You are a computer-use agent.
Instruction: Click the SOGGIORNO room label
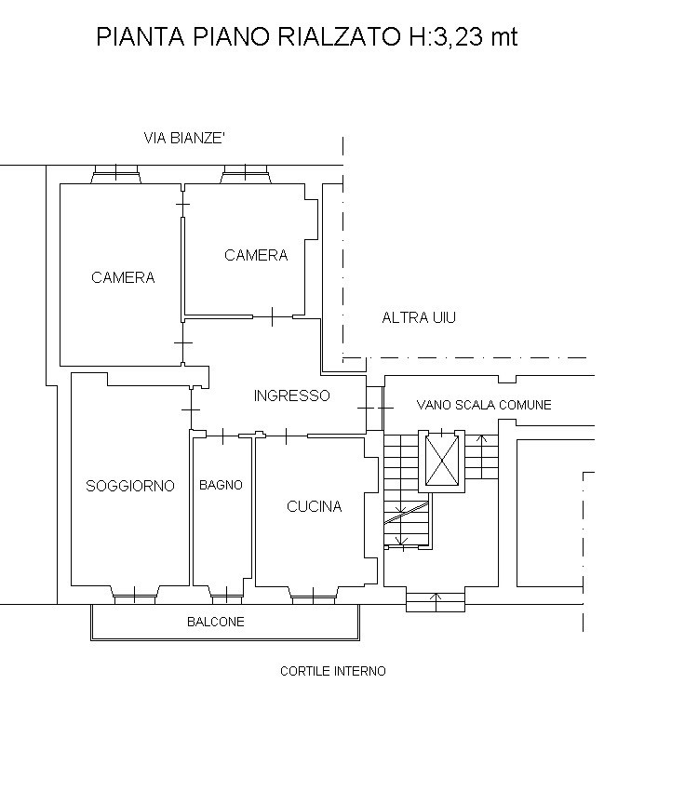click(x=130, y=486)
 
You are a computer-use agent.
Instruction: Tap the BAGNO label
click(x=221, y=485)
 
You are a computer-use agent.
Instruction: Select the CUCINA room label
click(x=315, y=506)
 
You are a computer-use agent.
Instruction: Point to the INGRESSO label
click(x=291, y=395)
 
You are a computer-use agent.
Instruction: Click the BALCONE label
click(x=216, y=622)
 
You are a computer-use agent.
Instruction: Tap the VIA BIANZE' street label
click(x=184, y=138)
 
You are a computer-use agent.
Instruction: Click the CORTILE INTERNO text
click(x=333, y=671)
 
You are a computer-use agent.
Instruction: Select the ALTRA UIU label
click(x=419, y=318)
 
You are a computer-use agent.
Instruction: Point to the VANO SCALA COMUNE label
click(x=484, y=405)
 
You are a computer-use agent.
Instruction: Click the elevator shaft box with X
click(x=442, y=461)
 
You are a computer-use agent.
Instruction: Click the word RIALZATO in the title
click(x=341, y=37)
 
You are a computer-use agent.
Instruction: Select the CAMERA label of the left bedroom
click(x=123, y=277)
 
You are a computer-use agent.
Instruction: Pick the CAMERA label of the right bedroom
click(x=256, y=255)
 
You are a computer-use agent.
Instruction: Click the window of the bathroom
click(x=227, y=595)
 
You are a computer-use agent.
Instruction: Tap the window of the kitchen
click(x=314, y=595)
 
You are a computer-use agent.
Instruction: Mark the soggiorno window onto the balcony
click(x=135, y=595)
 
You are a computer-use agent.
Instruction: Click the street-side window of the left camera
click(x=116, y=174)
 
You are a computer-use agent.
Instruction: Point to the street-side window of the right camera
click(x=245, y=174)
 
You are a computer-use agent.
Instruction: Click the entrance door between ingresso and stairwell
click(x=375, y=408)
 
